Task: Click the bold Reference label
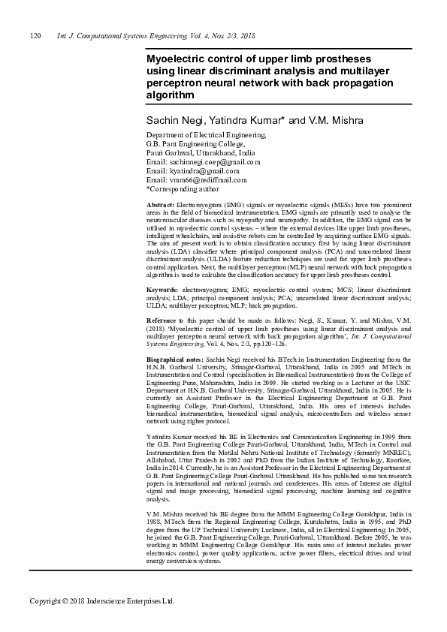point(163,321)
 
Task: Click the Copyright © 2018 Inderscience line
point(101,601)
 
